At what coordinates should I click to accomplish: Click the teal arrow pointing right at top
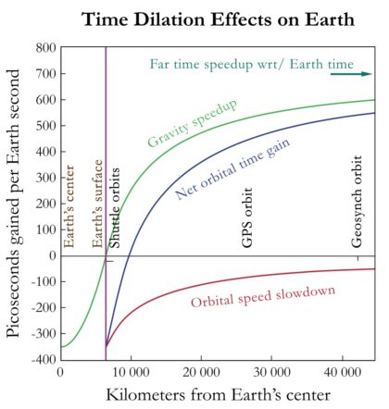(362, 73)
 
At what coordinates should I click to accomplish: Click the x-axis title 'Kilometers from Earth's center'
(218, 395)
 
